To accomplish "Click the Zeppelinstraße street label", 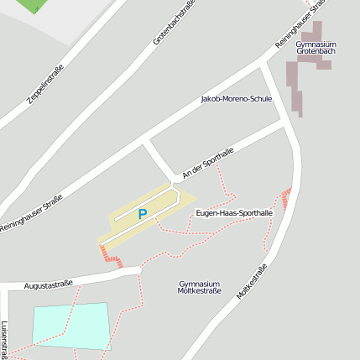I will (45, 81).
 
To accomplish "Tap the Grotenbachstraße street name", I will (174, 23).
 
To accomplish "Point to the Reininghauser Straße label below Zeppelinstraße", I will (31, 213).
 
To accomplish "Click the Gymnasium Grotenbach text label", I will (316, 48).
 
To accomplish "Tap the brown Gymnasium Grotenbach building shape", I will (296, 84).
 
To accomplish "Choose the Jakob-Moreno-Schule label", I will (237, 99).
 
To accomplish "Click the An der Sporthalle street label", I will (206, 161).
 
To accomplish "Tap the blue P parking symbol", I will (142, 215).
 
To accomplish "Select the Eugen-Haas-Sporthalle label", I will (234, 214).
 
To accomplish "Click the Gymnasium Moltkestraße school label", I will (200, 288).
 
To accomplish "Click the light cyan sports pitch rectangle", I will (71, 326).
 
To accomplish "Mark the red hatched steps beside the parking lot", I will (111, 256).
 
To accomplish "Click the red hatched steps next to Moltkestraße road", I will (286, 200).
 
